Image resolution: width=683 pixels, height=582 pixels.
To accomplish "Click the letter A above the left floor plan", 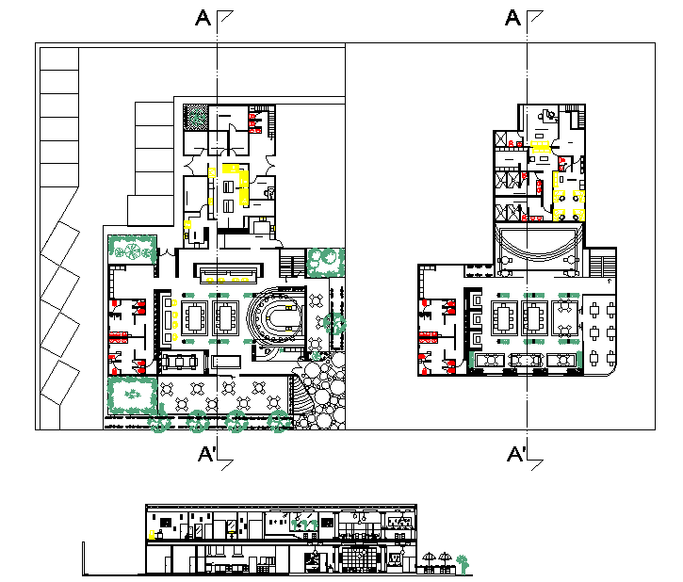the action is (x=203, y=18).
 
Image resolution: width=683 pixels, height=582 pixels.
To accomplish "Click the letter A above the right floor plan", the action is (x=512, y=18).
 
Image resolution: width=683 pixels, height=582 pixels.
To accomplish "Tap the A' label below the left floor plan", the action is (x=207, y=454).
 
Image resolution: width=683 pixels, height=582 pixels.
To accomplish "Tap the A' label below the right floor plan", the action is (x=516, y=454).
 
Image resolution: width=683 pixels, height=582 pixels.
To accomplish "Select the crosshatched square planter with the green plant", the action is (x=196, y=117).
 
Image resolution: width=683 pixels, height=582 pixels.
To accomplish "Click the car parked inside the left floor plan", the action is (x=179, y=362).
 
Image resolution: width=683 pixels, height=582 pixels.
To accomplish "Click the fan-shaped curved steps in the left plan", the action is (x=302, y=396).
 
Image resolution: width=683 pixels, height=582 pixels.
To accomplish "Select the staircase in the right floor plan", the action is (x=602, y=264).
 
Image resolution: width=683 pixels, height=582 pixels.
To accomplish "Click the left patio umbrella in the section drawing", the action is (x=429, y=559).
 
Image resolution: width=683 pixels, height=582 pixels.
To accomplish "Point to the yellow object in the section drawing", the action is (x=152, y=535).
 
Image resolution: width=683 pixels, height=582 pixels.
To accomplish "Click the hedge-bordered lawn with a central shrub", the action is (x=133, y=395).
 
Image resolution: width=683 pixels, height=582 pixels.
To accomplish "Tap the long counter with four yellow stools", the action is (x=228, y=274).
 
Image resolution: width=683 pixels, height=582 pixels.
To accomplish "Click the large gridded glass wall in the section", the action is (x=359, y=558).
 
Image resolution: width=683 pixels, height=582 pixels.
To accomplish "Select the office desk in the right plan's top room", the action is (x=546, y=115).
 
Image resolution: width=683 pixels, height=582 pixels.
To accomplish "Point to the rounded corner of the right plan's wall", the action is (x=613, y=371).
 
